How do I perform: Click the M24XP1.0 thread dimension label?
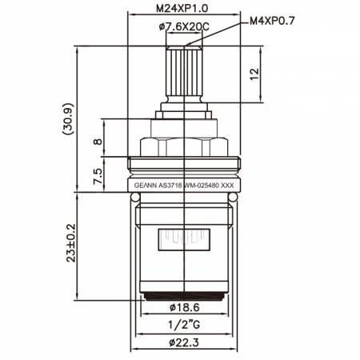(x=182, y=9)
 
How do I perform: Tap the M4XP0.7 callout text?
(x=272, y=21)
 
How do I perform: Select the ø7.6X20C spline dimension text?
(x=184, y=26)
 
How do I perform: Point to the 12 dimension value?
(x=254, y=74)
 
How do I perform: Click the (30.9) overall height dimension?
(x=67, y=118)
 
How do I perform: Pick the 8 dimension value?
(x=98, y=142)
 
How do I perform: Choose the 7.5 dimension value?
(x=98, y=176)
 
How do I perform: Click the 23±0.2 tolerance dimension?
(x=71, y=243)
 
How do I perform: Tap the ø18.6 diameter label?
(x=184, y=307)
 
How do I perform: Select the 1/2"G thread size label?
(x=184, y=325)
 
